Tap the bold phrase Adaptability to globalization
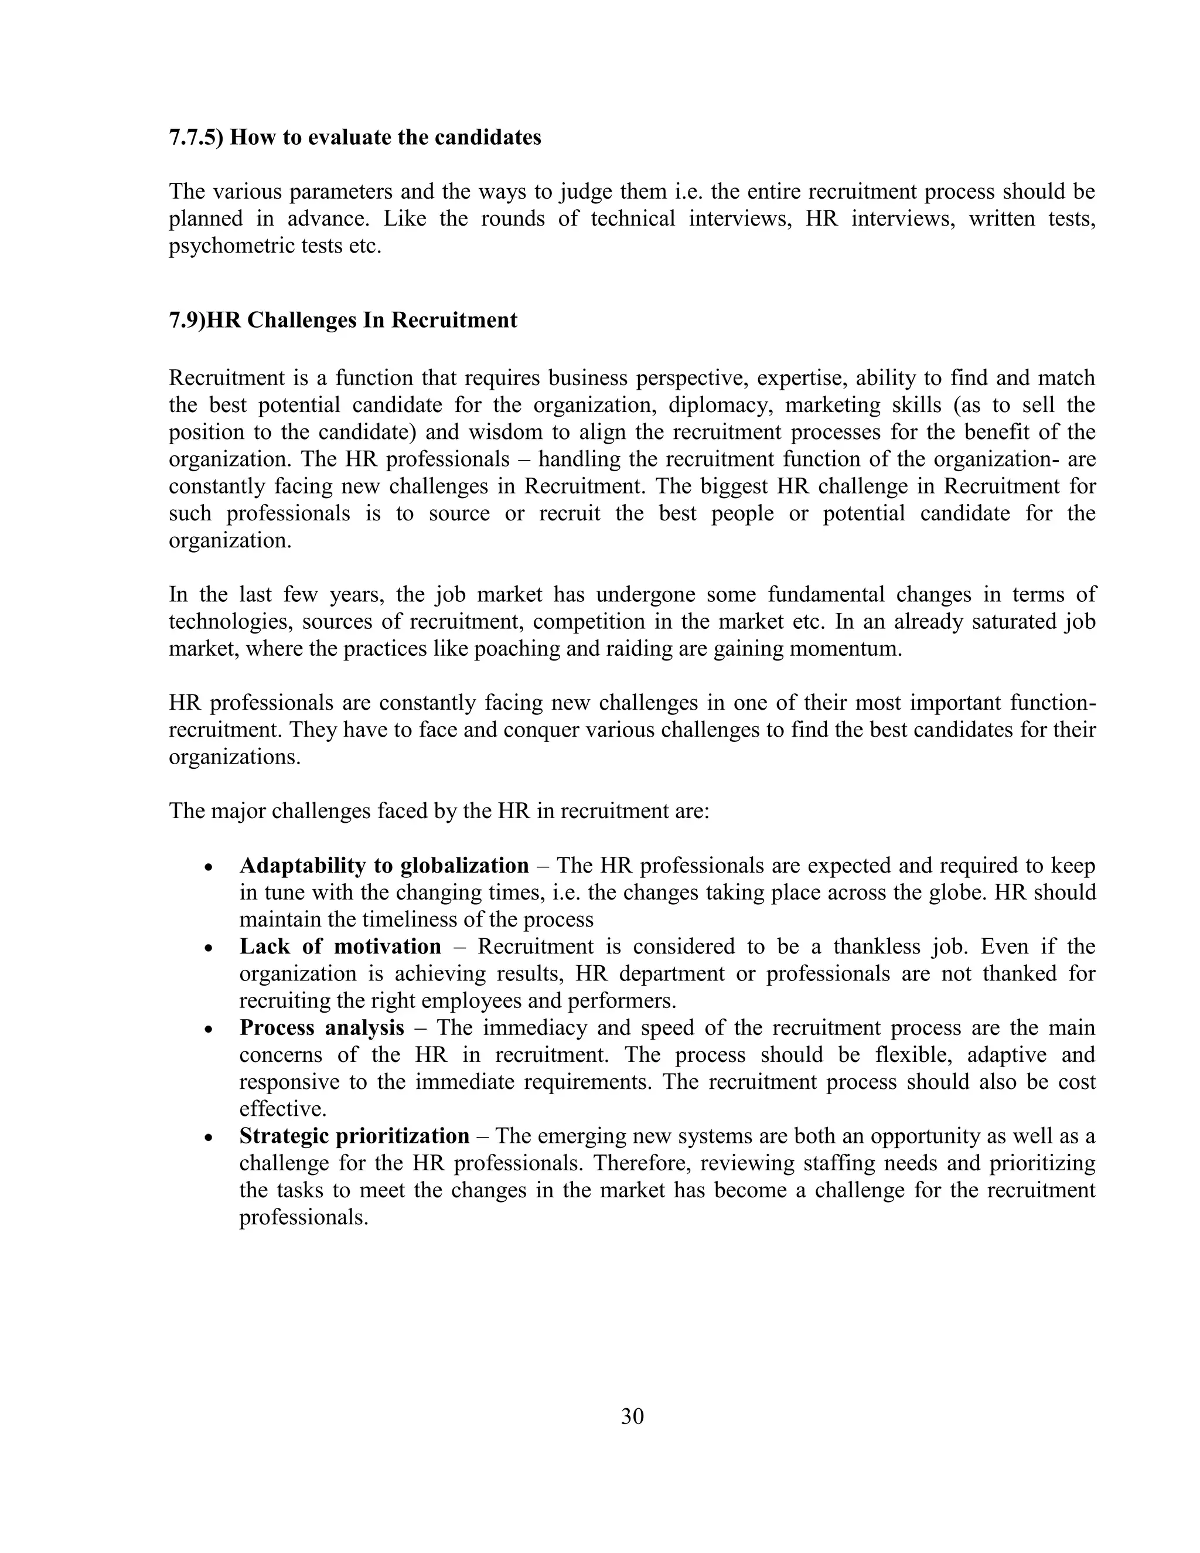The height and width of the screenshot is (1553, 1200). coord(384,866)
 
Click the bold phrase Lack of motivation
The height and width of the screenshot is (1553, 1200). coord(340,946)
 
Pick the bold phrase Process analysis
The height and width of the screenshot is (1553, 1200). coord(321,1027)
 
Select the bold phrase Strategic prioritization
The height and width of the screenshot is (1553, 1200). coord(354,1136)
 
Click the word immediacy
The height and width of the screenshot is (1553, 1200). coord(526,1027)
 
